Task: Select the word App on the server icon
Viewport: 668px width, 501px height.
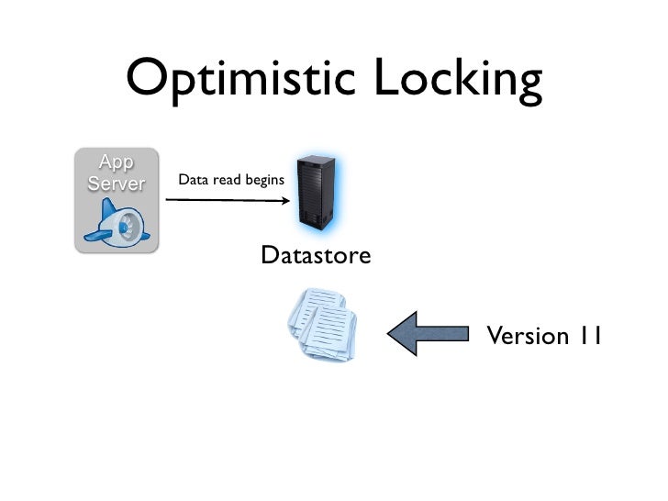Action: [116, 162]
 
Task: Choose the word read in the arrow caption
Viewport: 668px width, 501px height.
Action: [227, 180]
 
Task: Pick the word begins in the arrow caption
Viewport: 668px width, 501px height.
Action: [265, 181]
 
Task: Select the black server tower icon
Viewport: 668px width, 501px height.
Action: [316, 193]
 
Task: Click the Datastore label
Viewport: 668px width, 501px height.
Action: [316, 255]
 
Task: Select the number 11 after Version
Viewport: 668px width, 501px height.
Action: [589, 336]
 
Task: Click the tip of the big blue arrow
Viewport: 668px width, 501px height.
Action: [390, 333]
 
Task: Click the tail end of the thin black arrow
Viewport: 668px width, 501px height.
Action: [167, 198]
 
